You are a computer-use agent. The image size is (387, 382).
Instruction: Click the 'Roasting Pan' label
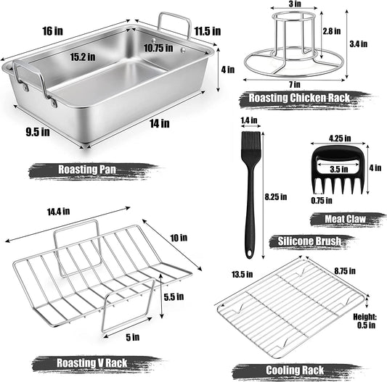pyautogui.click(x=78, y=170)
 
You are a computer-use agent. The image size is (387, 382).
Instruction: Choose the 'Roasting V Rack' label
pyautogui.click(x=83, y=362)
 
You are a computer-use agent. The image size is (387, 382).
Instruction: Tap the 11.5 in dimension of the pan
pyautogui.click(x=208, y=31)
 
